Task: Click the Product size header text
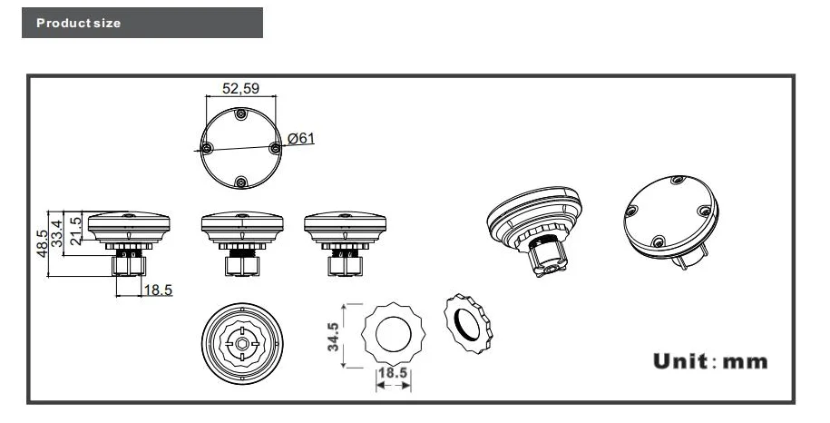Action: [78, 23]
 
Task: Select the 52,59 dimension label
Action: [241, 88]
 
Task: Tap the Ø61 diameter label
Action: [300, 138]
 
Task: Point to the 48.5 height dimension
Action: [42, 243]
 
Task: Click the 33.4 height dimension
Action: [56, 233]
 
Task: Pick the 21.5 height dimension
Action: [75, 231]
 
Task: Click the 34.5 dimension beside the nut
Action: [333, 337]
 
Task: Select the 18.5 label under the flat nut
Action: [393, 373]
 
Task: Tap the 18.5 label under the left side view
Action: [158, 290]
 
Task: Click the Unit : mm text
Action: [710, 361]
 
